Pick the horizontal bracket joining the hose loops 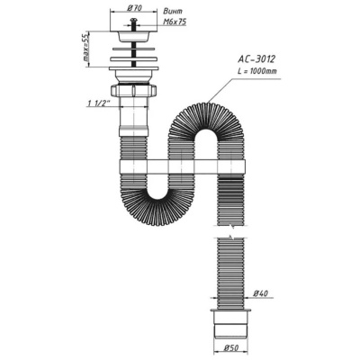(179, 166)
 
